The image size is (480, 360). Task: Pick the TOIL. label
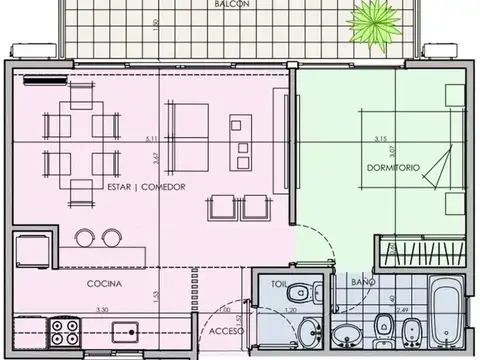pos(280,285)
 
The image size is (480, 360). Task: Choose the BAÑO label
pos(364,285)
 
